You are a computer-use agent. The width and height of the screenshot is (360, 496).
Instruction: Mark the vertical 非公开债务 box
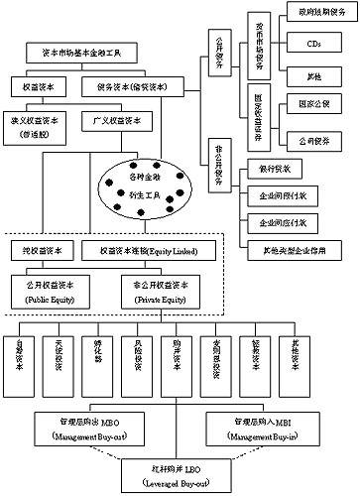218,173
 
